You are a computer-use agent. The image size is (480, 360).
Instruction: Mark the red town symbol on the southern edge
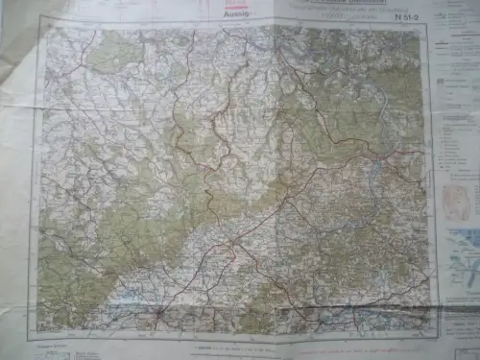click(x=158, y=311)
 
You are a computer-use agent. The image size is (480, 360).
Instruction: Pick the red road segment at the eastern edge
click(x=408, y=151)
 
